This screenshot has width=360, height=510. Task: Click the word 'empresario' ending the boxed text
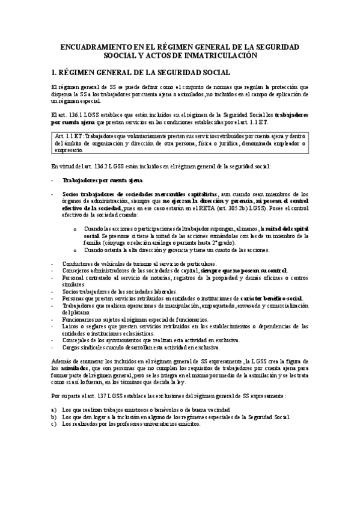click(70, 150)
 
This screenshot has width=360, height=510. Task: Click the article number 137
click(108, 396)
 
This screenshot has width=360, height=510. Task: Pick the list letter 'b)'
click(54, 416)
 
